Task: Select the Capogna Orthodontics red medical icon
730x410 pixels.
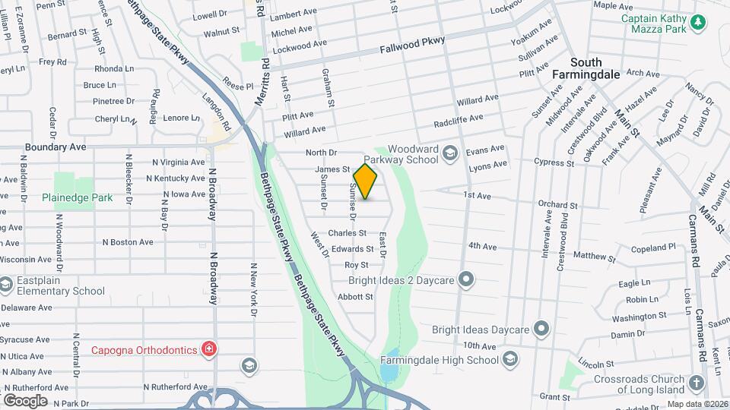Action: click(x=208, y=349)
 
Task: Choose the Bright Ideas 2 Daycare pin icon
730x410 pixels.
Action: click(x=467, y=281)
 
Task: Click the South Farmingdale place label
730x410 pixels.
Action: click(x=596, y=68)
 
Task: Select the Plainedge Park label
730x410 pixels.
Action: click(x=83, y=197)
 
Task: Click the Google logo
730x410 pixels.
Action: click(x=25, y=400)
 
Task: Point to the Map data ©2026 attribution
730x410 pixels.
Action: click(x=697, y=404)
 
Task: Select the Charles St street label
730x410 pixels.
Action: click(x=347, y=233)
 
